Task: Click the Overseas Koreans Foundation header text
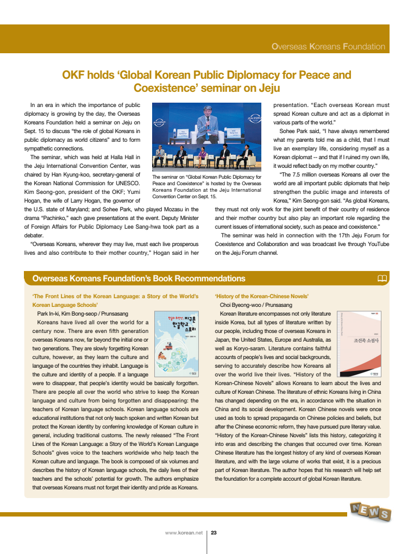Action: click(328, 47)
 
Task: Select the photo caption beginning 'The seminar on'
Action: click(206, 186)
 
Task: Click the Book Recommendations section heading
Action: click(139, 279)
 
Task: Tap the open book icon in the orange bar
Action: click(382, 279)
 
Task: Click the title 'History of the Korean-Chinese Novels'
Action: click(262, 296)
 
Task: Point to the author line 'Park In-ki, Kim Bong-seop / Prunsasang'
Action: click(83, 314)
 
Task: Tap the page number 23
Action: click(214, 532)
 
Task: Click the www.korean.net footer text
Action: click(184, 532)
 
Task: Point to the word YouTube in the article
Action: click(375, 244)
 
